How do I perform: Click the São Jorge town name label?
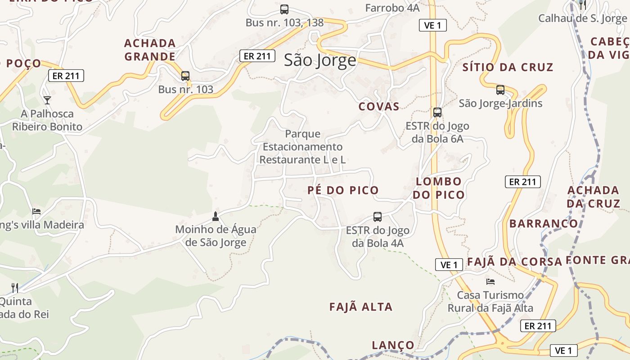[320, 60]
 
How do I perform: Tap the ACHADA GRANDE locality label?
[150, 50]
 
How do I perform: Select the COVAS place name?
[379, 107]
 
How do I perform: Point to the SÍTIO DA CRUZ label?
[508, 67]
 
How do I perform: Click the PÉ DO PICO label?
[343, 190]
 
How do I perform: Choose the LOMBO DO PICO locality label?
[439, 188]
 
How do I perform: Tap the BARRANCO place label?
[544, 224]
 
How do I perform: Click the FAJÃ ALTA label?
[361, 307]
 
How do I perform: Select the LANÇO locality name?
[393, 345]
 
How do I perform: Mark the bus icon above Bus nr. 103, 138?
[284, 9]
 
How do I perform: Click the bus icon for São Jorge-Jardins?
[500, 90]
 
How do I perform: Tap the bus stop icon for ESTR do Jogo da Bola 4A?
[378, 217]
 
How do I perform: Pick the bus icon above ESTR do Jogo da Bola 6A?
[437, 112]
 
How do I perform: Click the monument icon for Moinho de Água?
[216, 216]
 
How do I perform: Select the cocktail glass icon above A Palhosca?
[47, 100]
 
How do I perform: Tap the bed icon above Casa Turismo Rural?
[490, 282]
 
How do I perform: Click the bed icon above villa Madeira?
[36, 211]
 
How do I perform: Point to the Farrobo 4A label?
[392, 8]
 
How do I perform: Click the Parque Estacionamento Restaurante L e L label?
[302, 147]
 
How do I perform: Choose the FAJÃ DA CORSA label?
[515, 262]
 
